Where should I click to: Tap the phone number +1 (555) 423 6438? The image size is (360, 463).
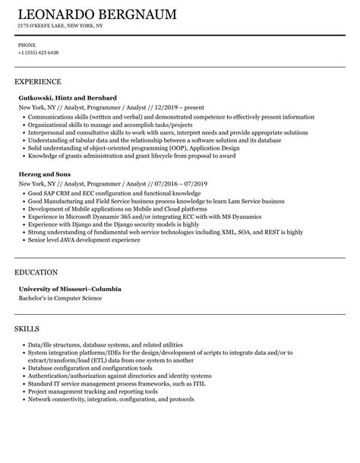(x=39, y=52)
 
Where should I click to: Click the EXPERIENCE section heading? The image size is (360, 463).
(x=38, y=81)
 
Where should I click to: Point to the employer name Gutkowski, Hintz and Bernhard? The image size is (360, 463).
(x=67, y=97)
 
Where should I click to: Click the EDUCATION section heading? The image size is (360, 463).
(x=36, y=271)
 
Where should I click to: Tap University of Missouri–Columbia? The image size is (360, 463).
(x=70, y=289)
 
